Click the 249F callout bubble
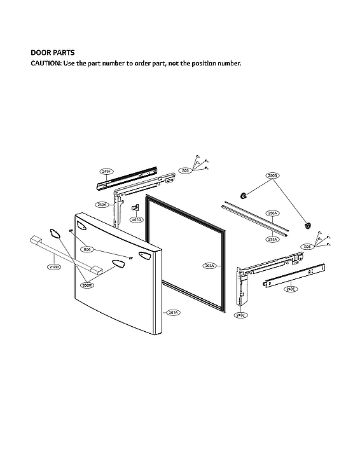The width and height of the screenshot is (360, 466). pyautogui.click(x=106, y=172)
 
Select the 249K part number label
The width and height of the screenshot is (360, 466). pyautogui.click(x=102, y=205)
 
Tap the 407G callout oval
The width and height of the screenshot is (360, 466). pyautogui.click(x=136, y=219)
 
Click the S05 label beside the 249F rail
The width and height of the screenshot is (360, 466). pyautogui.click(x=185, y=170)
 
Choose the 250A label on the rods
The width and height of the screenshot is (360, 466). pyautogui.click(x=272, y=213)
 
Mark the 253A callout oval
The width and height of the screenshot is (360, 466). pyautogui.click(x=272, y=239)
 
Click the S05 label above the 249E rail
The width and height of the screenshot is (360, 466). pyautogui.click(x=307, y=247)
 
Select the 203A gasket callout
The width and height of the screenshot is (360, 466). pyautogui.click(x=209, y=266)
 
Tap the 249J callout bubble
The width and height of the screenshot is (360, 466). pyautogui.click(x=240, y=315)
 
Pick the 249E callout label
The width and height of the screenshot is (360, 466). pyautogui.click(x=290, y=289)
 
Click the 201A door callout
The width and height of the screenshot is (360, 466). pyautogui.click(x=173, y=312)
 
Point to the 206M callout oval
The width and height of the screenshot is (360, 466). pyautogui.click(x=87, y=285)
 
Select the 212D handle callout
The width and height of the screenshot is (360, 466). pyautogui.click(x=54, y=267)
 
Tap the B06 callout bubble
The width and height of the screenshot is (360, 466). pyautogui.click(x=86, y=250)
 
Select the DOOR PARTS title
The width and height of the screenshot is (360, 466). pyautogui.click(x=53, y=53)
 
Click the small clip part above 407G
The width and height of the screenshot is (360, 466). pyautogui.click(x=135, y=207)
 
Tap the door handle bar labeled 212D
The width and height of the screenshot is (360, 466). pyautogui.click(x=63, y=254)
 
